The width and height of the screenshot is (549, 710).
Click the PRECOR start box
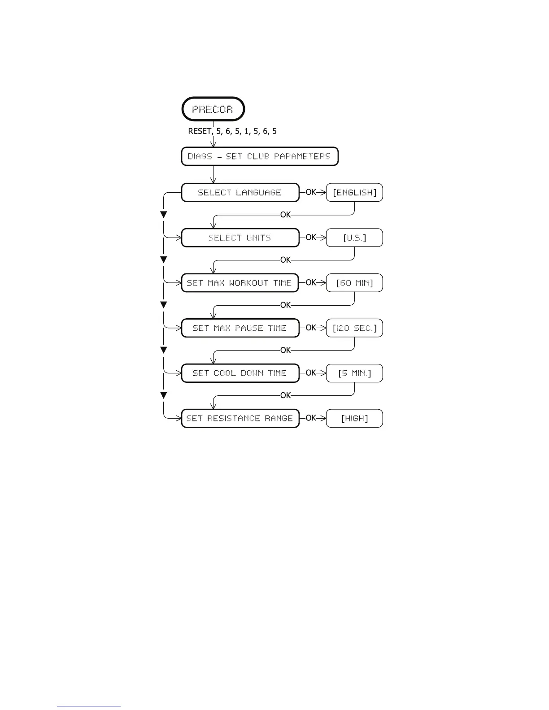(x=213, y=109)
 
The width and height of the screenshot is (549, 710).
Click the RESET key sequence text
(x=232, y=131)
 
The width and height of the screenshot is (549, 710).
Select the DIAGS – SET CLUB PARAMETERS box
(x=259, y=156)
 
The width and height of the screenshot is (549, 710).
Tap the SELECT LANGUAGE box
(x=240, y=192)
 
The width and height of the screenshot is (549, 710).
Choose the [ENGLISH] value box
(x=354, y=192)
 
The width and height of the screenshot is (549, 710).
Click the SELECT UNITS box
(x=240, y=238)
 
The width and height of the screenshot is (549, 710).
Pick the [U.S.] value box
(x=354, y=238)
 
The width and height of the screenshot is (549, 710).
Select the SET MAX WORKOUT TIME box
(x=240, y=283)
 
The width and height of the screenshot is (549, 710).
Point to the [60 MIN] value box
(x=354, y=283)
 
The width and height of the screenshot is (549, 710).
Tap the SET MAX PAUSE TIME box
(x=240, y=328)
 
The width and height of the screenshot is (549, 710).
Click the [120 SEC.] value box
(x=354, y=328)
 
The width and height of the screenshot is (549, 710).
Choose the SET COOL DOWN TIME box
(x=240, y=373)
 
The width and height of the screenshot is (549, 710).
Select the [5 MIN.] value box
(x=354, y=373)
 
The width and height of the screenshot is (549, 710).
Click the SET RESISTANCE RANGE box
(x=240, y=418)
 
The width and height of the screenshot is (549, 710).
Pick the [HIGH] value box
(x=354, y=418)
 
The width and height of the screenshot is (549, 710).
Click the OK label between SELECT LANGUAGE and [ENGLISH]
(x=311, y=192)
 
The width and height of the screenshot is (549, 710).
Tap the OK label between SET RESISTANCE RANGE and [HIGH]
(x=311, y=418)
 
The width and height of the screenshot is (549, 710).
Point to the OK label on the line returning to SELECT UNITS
(x=286, y=215)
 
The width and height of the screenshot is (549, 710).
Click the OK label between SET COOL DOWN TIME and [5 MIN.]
(x=311, y=373)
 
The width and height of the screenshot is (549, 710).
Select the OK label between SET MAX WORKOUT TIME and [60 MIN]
(x=311, y=283)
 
